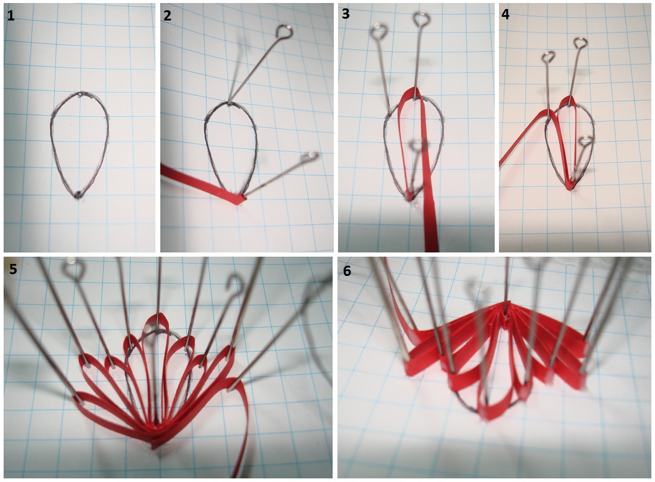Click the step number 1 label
click(x=11, y=16)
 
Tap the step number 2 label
click(x=168, y=16)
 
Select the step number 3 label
click(x=345, y=14)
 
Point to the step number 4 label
click(x=505, y=14)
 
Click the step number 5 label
click(x=13, y=269)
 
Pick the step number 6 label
click(x=347, y=271)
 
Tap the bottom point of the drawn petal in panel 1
click(x=78, y=195)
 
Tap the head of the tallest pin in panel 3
click(x=422, y=19)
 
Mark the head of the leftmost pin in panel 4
click(x=549, y=57)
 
